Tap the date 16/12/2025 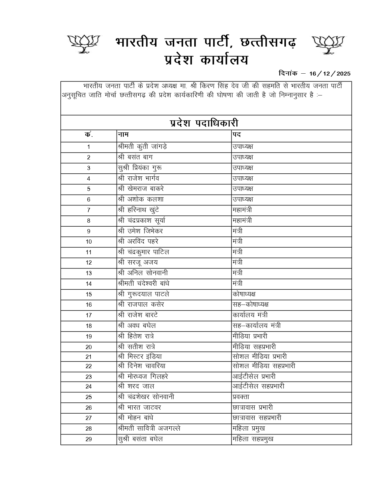[x=330, y=74]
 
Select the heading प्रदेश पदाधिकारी [x=204, y=123]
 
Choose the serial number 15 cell [x=89, y=295]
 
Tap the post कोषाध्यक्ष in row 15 [x=244, y=294]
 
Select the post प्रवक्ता [x=241, y=397]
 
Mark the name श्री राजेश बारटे [x=138, y=315]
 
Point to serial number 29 [x=89, y=439]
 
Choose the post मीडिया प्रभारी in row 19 [x=250, y=336]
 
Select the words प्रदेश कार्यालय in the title [x=206, y=60]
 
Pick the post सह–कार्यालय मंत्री [x=256, y=326]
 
